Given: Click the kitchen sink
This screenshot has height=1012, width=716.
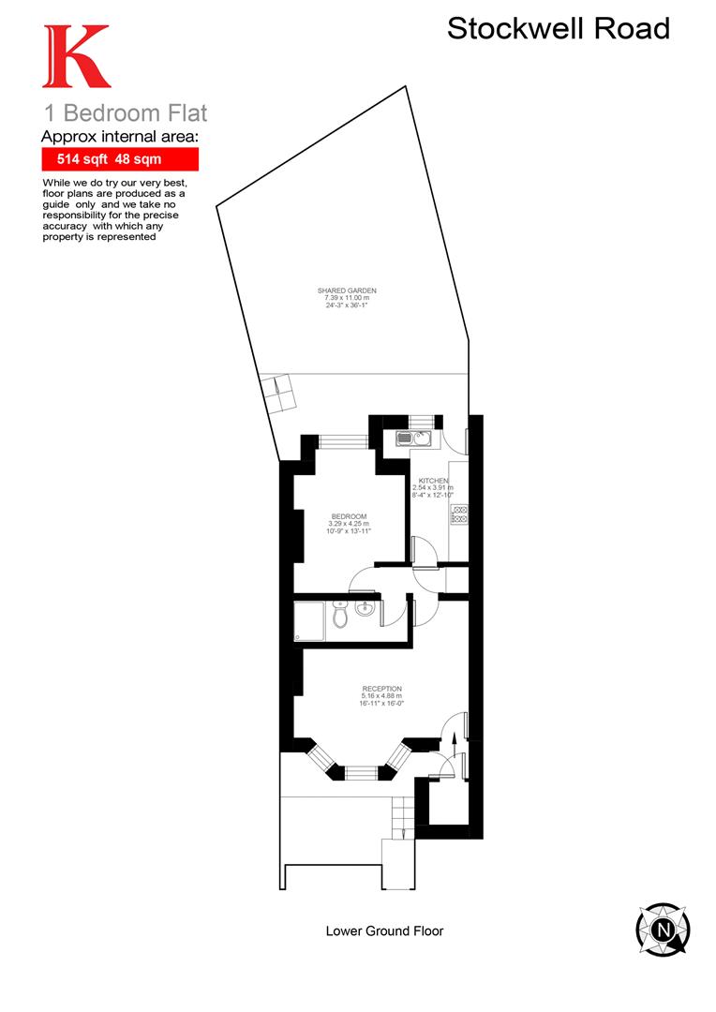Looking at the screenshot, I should [411, 438].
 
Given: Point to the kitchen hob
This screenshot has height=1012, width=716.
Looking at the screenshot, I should [459, 514].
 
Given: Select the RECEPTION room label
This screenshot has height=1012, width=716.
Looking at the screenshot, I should [381, 689].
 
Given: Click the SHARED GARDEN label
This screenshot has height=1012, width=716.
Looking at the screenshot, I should [347, 291].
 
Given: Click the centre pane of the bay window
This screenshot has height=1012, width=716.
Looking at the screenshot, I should [361, 773].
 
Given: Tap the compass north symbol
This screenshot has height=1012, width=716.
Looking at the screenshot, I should [664, 930].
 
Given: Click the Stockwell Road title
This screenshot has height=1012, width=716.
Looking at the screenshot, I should [558, 28].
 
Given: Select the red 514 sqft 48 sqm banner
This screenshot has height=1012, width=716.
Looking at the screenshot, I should [120, 159].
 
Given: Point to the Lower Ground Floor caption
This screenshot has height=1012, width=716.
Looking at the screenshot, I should [384, 931].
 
